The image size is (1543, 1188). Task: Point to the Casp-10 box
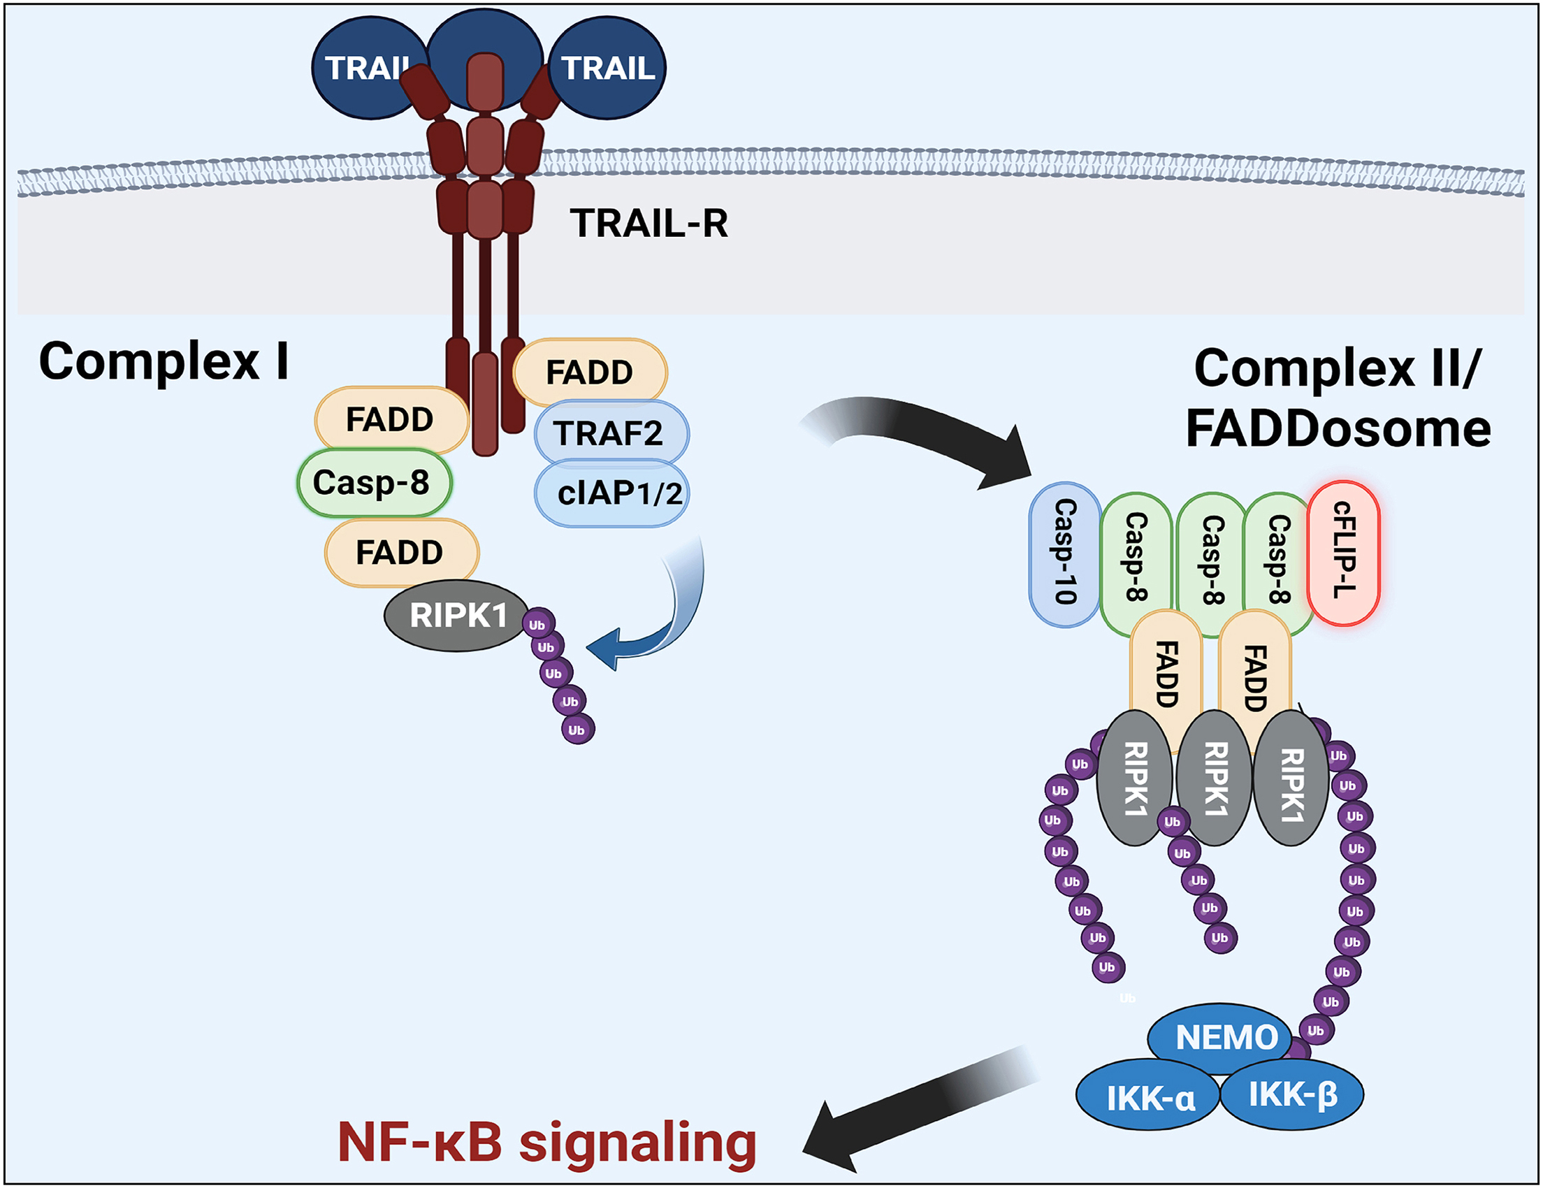(x=1065, y=554)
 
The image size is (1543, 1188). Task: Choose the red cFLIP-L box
(x=1343, y=553)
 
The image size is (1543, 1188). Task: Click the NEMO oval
(x=1226, y=1037)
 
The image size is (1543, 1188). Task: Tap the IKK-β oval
(x=1292, y=1094)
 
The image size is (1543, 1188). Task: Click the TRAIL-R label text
(x=649, y=223)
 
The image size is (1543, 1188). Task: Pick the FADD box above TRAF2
(x=590, y=372)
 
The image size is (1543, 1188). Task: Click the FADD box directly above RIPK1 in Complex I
(x=401, y=552)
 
